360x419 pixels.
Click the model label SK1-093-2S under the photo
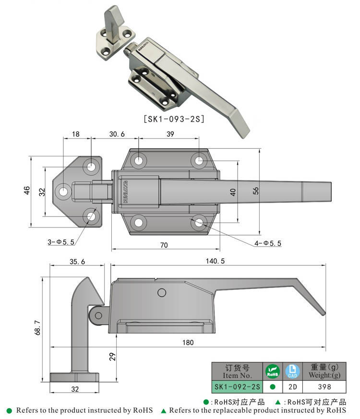coord(174,119)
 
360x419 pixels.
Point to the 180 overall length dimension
coord(188,343)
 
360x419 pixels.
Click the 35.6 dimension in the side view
coord(77,261)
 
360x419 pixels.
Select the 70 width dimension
coord(164,245)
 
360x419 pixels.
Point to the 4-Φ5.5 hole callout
coord(268,243)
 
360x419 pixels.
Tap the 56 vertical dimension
coord(255,191)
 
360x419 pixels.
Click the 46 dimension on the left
coord(27,191)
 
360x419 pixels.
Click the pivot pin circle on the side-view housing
coord(162,292)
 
